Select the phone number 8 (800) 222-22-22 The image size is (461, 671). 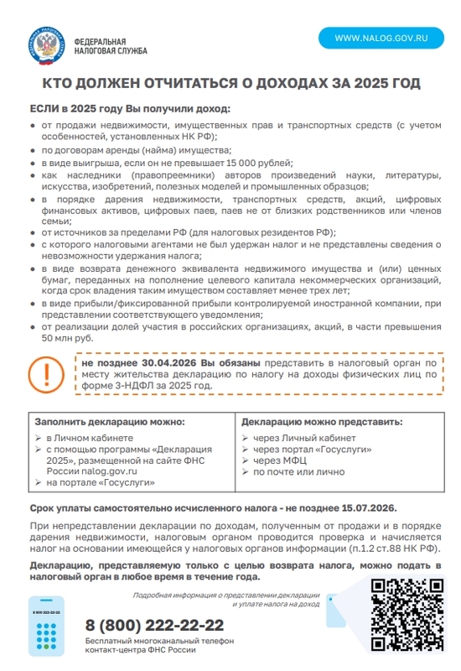click(155, 626)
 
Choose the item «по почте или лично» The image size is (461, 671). click(298, 471)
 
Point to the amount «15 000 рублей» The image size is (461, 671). click(256, 162)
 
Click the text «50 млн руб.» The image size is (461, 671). click(68, 338)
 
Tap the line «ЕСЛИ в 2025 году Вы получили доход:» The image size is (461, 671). click(129, 109)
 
